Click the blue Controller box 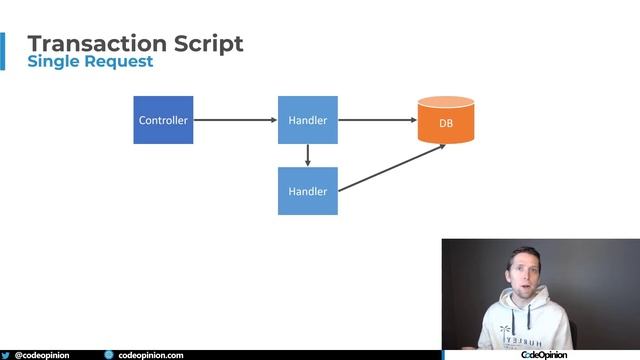tap(163, 120)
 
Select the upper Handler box tap(307, 120)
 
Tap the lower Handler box tap(307, 190)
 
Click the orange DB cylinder tap(445, 121)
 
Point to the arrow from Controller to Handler tap(235, 120)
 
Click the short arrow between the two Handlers tap(307, 155)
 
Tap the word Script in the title tap(207, 43)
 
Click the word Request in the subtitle tap(120, 62)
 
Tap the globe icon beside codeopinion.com tap(109, 355)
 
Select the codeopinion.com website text tap(151, 355)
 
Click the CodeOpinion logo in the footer tap(544, 354)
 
